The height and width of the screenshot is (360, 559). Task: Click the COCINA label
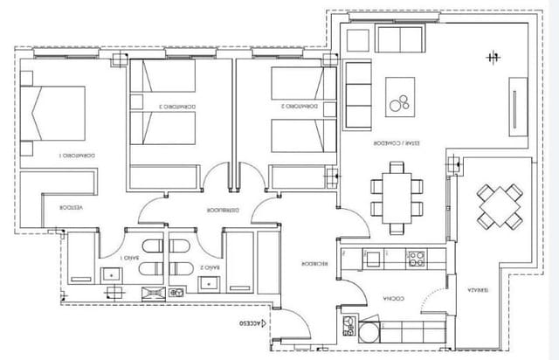(x=388, y=300)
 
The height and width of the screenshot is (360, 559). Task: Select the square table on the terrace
(x=500, y=204)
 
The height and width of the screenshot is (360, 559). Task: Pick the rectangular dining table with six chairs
(x=391, y=197)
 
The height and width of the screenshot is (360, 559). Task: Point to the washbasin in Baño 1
(x=113, y=274)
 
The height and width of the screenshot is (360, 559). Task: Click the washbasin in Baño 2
(x=210, y=281)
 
